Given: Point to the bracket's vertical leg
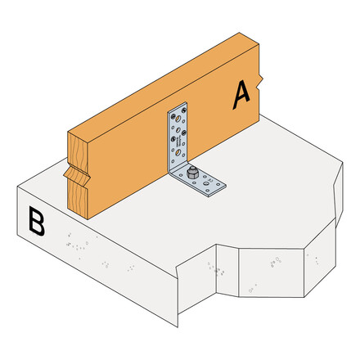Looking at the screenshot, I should (x=178, y=131).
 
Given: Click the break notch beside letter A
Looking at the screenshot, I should (x=261, y=83).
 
